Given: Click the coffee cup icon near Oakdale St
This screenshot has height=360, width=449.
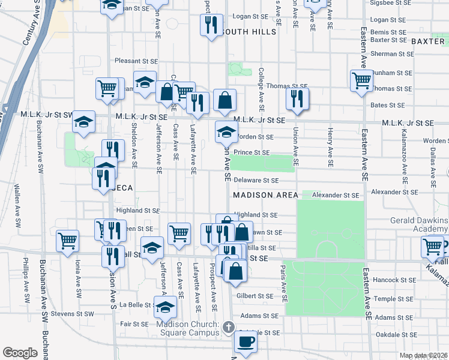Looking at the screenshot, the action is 244,342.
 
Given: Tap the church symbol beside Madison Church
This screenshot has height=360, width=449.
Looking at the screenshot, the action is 228,327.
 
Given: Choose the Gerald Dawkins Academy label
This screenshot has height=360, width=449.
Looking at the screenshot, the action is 418,224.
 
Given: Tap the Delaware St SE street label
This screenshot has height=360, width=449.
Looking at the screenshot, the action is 257,180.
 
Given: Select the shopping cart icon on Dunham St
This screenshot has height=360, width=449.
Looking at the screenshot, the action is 362,80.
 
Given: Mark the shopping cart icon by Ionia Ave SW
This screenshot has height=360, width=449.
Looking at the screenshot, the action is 67,241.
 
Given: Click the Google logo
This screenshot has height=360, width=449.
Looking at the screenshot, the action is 20,353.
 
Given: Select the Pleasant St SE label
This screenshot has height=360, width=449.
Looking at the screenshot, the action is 136,61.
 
